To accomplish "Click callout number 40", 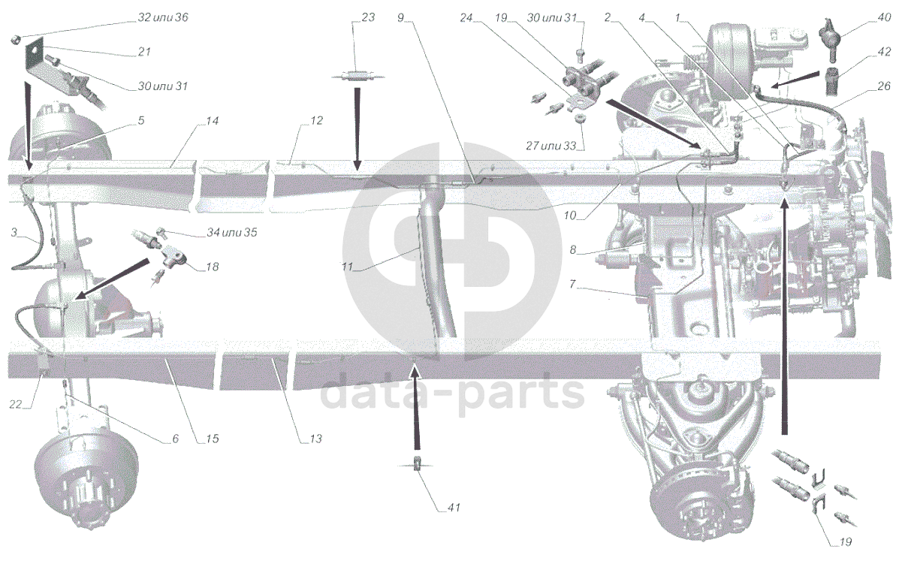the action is pos(884,17).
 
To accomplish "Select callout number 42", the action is pos(884,53).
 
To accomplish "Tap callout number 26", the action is pos(884,86).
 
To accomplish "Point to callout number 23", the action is pos(367,17).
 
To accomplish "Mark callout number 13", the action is pos(315,439).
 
